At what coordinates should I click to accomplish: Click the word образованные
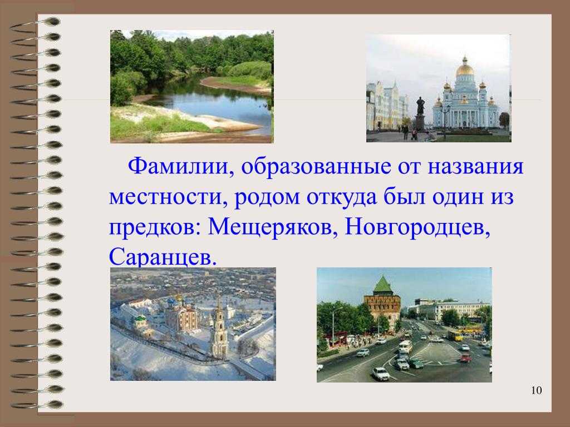coord(316,166)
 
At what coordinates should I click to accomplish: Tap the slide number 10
coord(536,390)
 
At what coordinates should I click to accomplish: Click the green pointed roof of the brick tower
coord(382,286)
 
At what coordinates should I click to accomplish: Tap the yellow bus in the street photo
coord(455,335)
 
